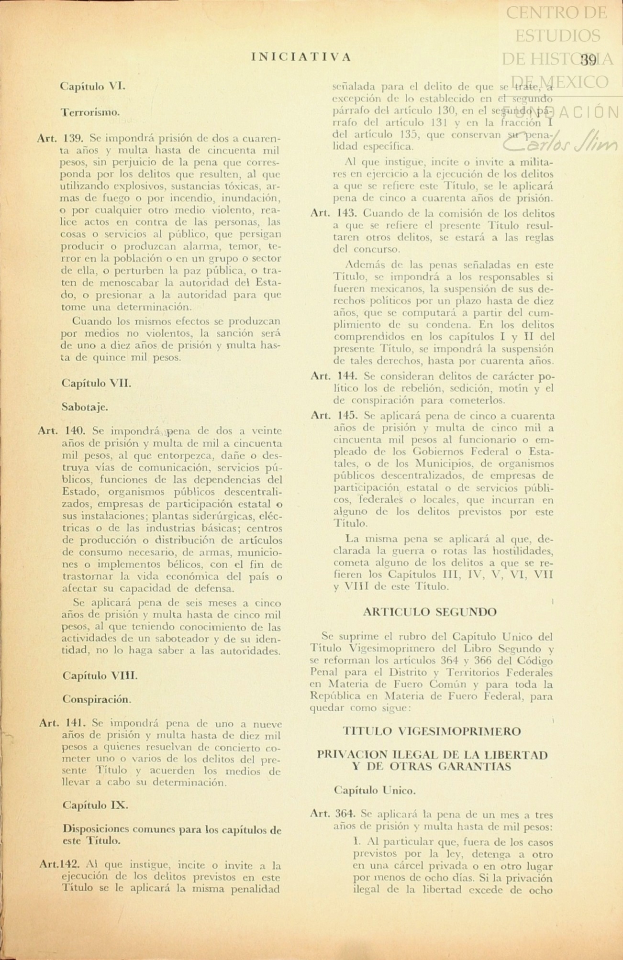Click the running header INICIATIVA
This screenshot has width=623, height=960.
pyautogui.click(x=301, y=57)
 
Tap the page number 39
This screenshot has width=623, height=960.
pyautogui.click(x=588, y=60)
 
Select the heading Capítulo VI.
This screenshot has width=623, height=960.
pyautogui.click(x=93, y=87)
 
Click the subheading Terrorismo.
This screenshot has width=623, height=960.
pyautogui.click(x=90, y=112)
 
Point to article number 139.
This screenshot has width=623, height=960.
pyautogui.click(x=74, y=139)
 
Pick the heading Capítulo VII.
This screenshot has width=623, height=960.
pyautogui.click(x=96, y=383)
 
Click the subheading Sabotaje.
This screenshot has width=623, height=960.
pyautogui.click(x=85, y=407)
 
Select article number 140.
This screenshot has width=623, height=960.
pyautogui.click(x=75, y=431)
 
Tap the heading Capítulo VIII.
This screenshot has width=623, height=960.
pyautogui.click(x=100, y=675)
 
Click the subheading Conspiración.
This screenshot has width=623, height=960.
pyautogui.click(x=96, y=699)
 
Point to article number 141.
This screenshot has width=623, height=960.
pyautogui.click(x=75, y=723)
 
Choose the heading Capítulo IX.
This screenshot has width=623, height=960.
pyautogui.click(x=95, y=805)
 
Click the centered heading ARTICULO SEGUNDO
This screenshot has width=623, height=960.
pyautogui.click(x=430, y=612)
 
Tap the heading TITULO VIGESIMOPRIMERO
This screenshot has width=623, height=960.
pyautogui.click(x=432, y=731)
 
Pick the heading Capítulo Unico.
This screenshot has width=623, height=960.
pyautogui.click(x=375, y=791)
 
